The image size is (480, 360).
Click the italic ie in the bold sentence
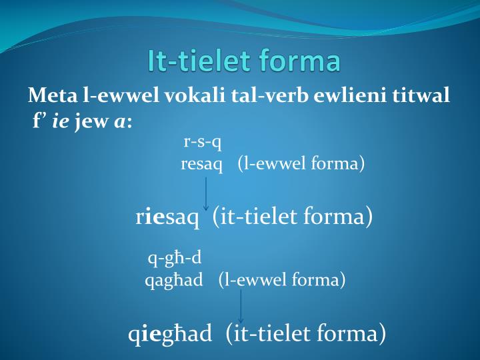pos(61,123)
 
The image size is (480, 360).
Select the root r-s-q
pos(202,141)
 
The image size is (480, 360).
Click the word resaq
pos(201,164)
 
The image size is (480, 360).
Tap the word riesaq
pos(167,217)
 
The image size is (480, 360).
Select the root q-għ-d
pos(175,257)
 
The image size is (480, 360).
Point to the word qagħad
pos(174,280)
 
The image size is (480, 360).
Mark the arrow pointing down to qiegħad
pos(241,307)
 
